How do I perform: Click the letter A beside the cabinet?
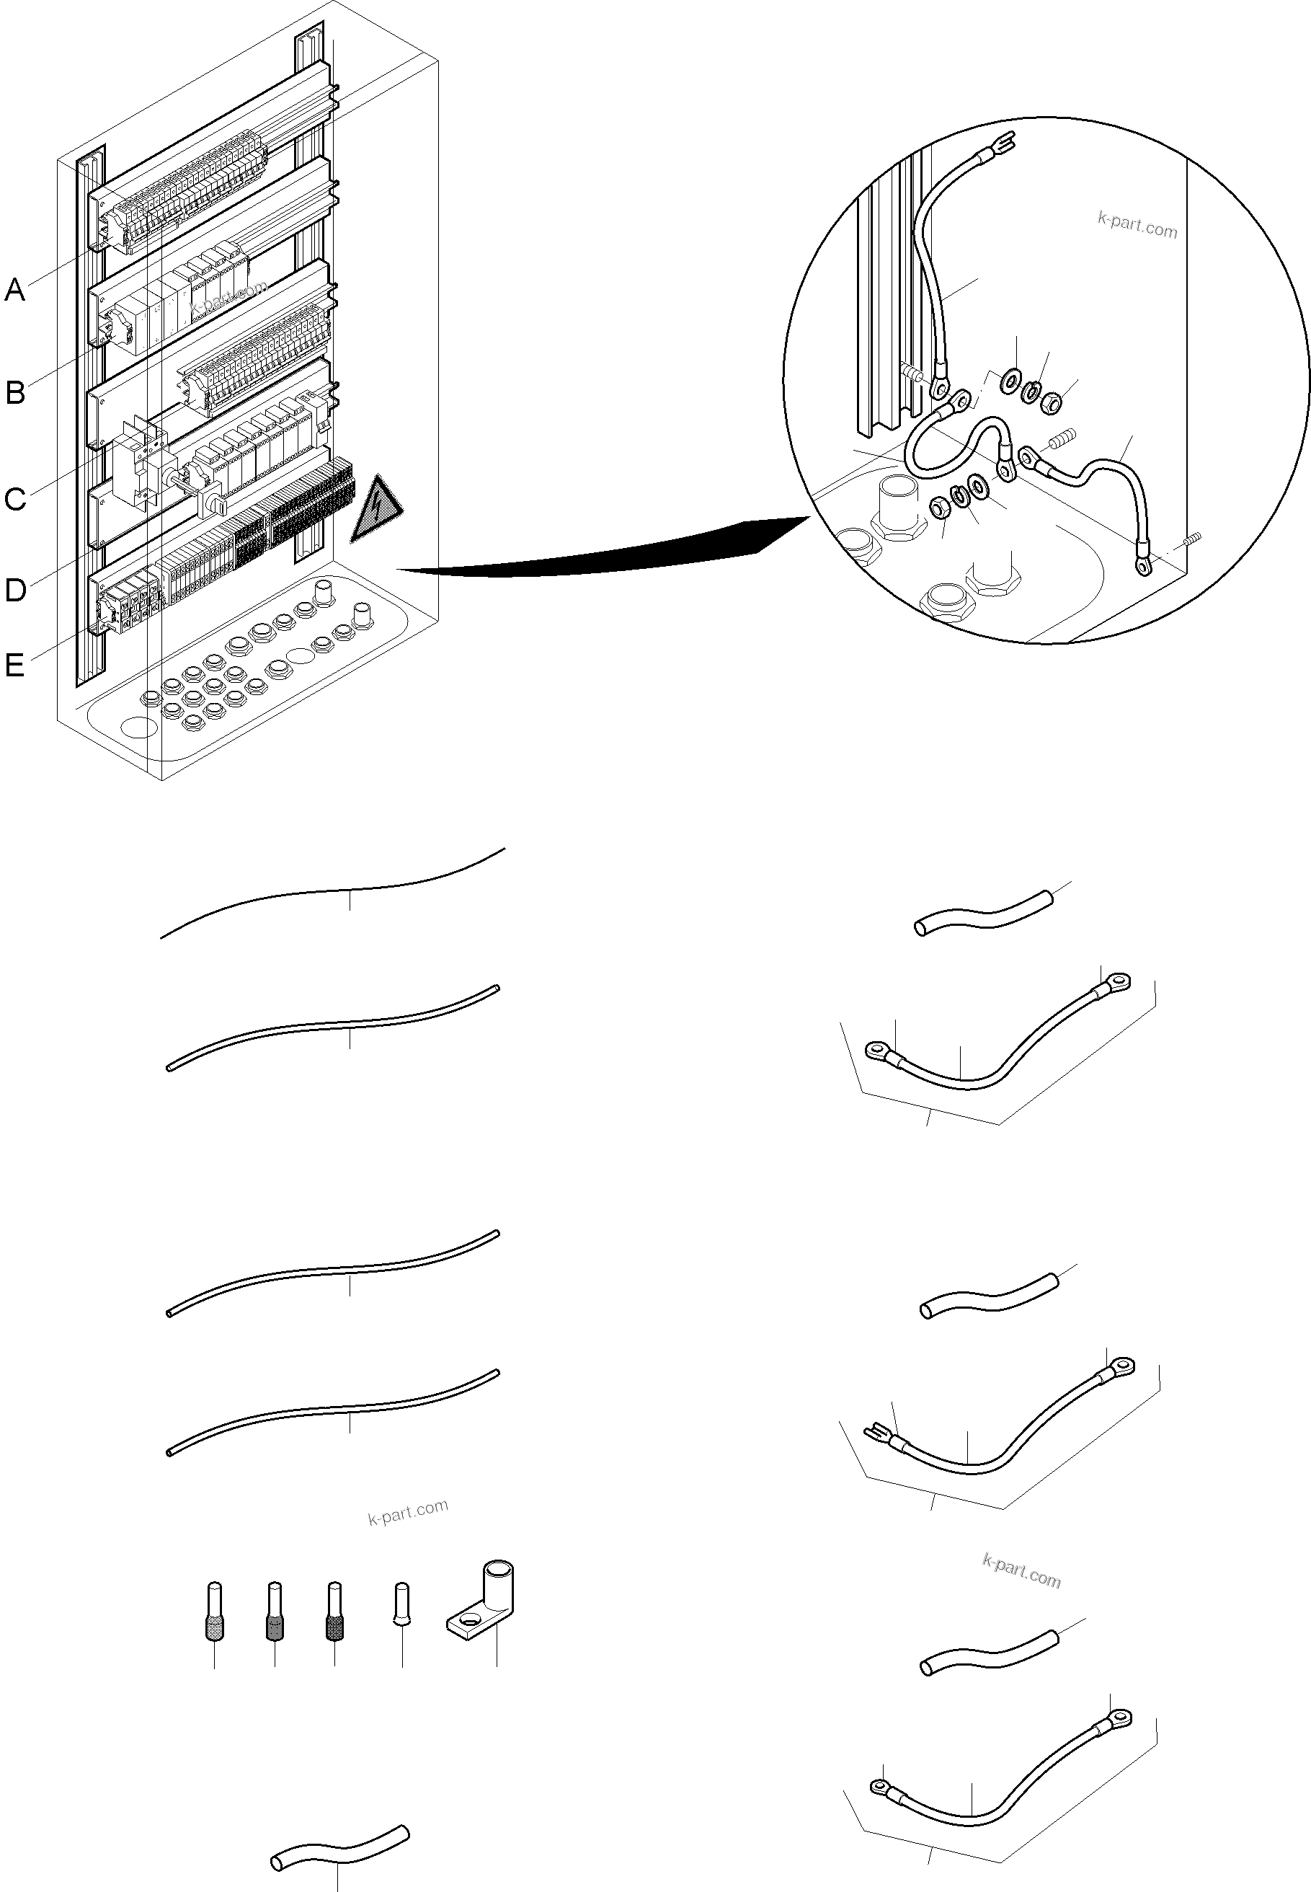point(15,290)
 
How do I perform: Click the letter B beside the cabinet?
point(15,393)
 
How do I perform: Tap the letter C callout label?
point(15,499)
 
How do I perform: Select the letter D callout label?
point(15,590)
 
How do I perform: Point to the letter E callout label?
point(15,665)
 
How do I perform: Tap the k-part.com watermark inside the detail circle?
point(1137,224)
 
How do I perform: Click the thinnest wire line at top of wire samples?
point(333,891)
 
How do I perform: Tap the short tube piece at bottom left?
point(339,1846)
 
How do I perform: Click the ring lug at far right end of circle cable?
point(1142,565)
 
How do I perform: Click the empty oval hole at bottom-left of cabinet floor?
point(139,727)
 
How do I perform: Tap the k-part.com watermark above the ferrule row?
point(407,1511)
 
